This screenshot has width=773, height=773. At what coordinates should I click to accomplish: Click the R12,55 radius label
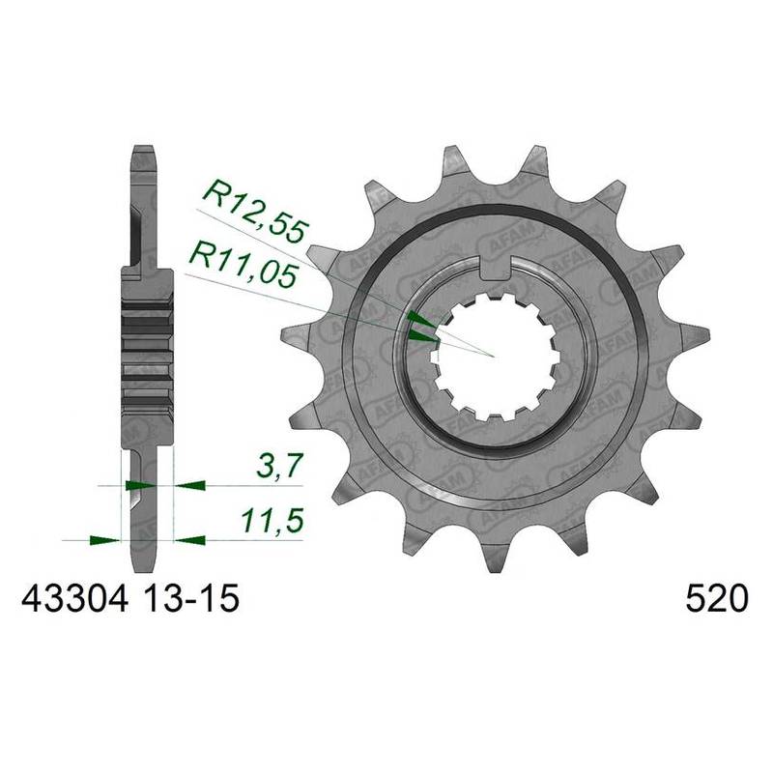coord(253,211)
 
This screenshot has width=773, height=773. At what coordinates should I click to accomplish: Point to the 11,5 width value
coord(269,523)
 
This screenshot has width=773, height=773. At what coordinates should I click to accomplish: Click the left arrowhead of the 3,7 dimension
coord(139,481)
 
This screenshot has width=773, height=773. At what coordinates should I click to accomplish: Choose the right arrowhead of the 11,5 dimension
coord(190,537)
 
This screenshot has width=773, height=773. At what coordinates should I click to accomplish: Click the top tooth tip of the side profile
coord(141,152)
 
